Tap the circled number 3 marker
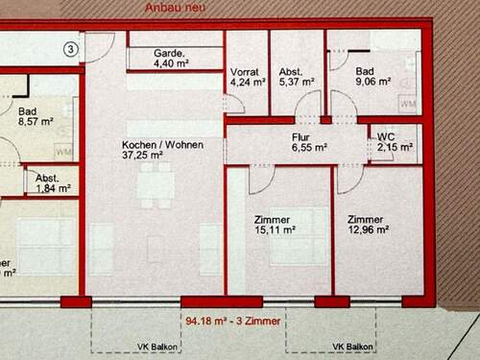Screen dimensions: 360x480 (70, 45)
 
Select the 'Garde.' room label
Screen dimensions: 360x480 (169, 54)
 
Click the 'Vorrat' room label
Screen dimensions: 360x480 (246, 72)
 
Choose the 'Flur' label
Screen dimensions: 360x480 (300, 137)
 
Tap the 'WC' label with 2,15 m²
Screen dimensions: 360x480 (388, 135)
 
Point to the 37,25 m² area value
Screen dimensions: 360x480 (142, 154)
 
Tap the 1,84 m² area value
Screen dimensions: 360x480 (53, 188)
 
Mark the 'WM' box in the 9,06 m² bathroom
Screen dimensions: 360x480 (407, 103)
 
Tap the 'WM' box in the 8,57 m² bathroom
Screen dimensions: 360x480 (64, 152)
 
